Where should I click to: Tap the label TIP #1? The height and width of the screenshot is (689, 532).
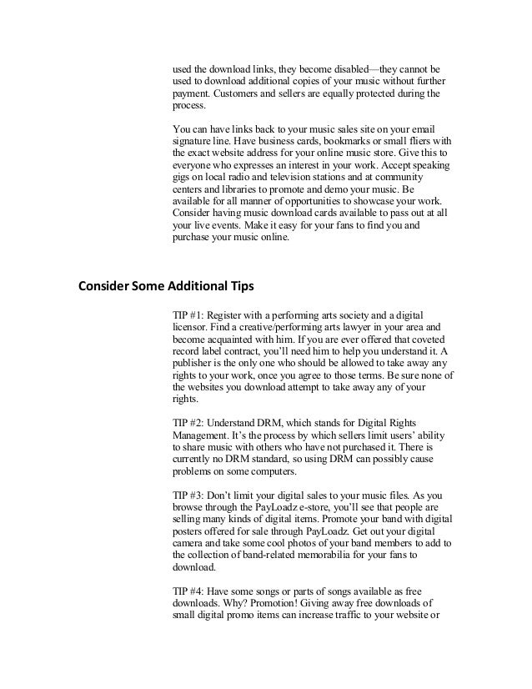click(188, 314)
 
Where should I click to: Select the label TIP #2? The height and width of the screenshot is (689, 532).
click(188, 420)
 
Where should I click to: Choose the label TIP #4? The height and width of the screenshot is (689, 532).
click(188, 593)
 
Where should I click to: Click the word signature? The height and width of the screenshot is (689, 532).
click(193, 141)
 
